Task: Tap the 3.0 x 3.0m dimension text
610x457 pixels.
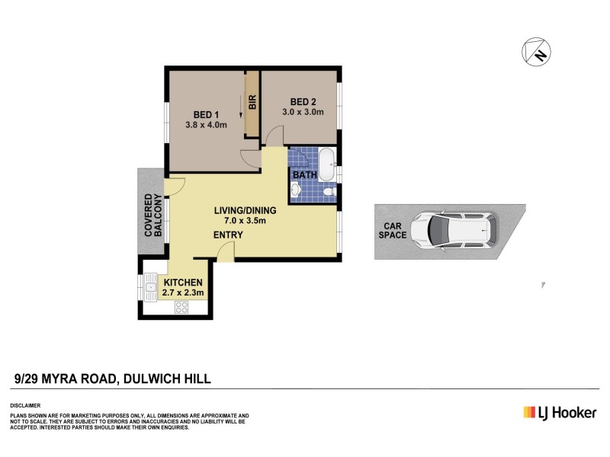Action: click(x=303, y=112)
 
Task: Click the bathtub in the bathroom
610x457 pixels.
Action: click(x=327, y=165)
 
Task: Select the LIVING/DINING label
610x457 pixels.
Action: click(x=244, y=209)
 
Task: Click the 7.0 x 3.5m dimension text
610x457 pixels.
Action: click(x=244, y=221)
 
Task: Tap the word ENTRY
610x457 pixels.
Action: click(x=227, y=235)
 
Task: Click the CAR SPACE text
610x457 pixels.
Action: click(x=393, y=231)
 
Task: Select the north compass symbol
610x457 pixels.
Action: click(x=537, y=52)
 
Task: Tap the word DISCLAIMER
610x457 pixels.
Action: click(x=25, y=404)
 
